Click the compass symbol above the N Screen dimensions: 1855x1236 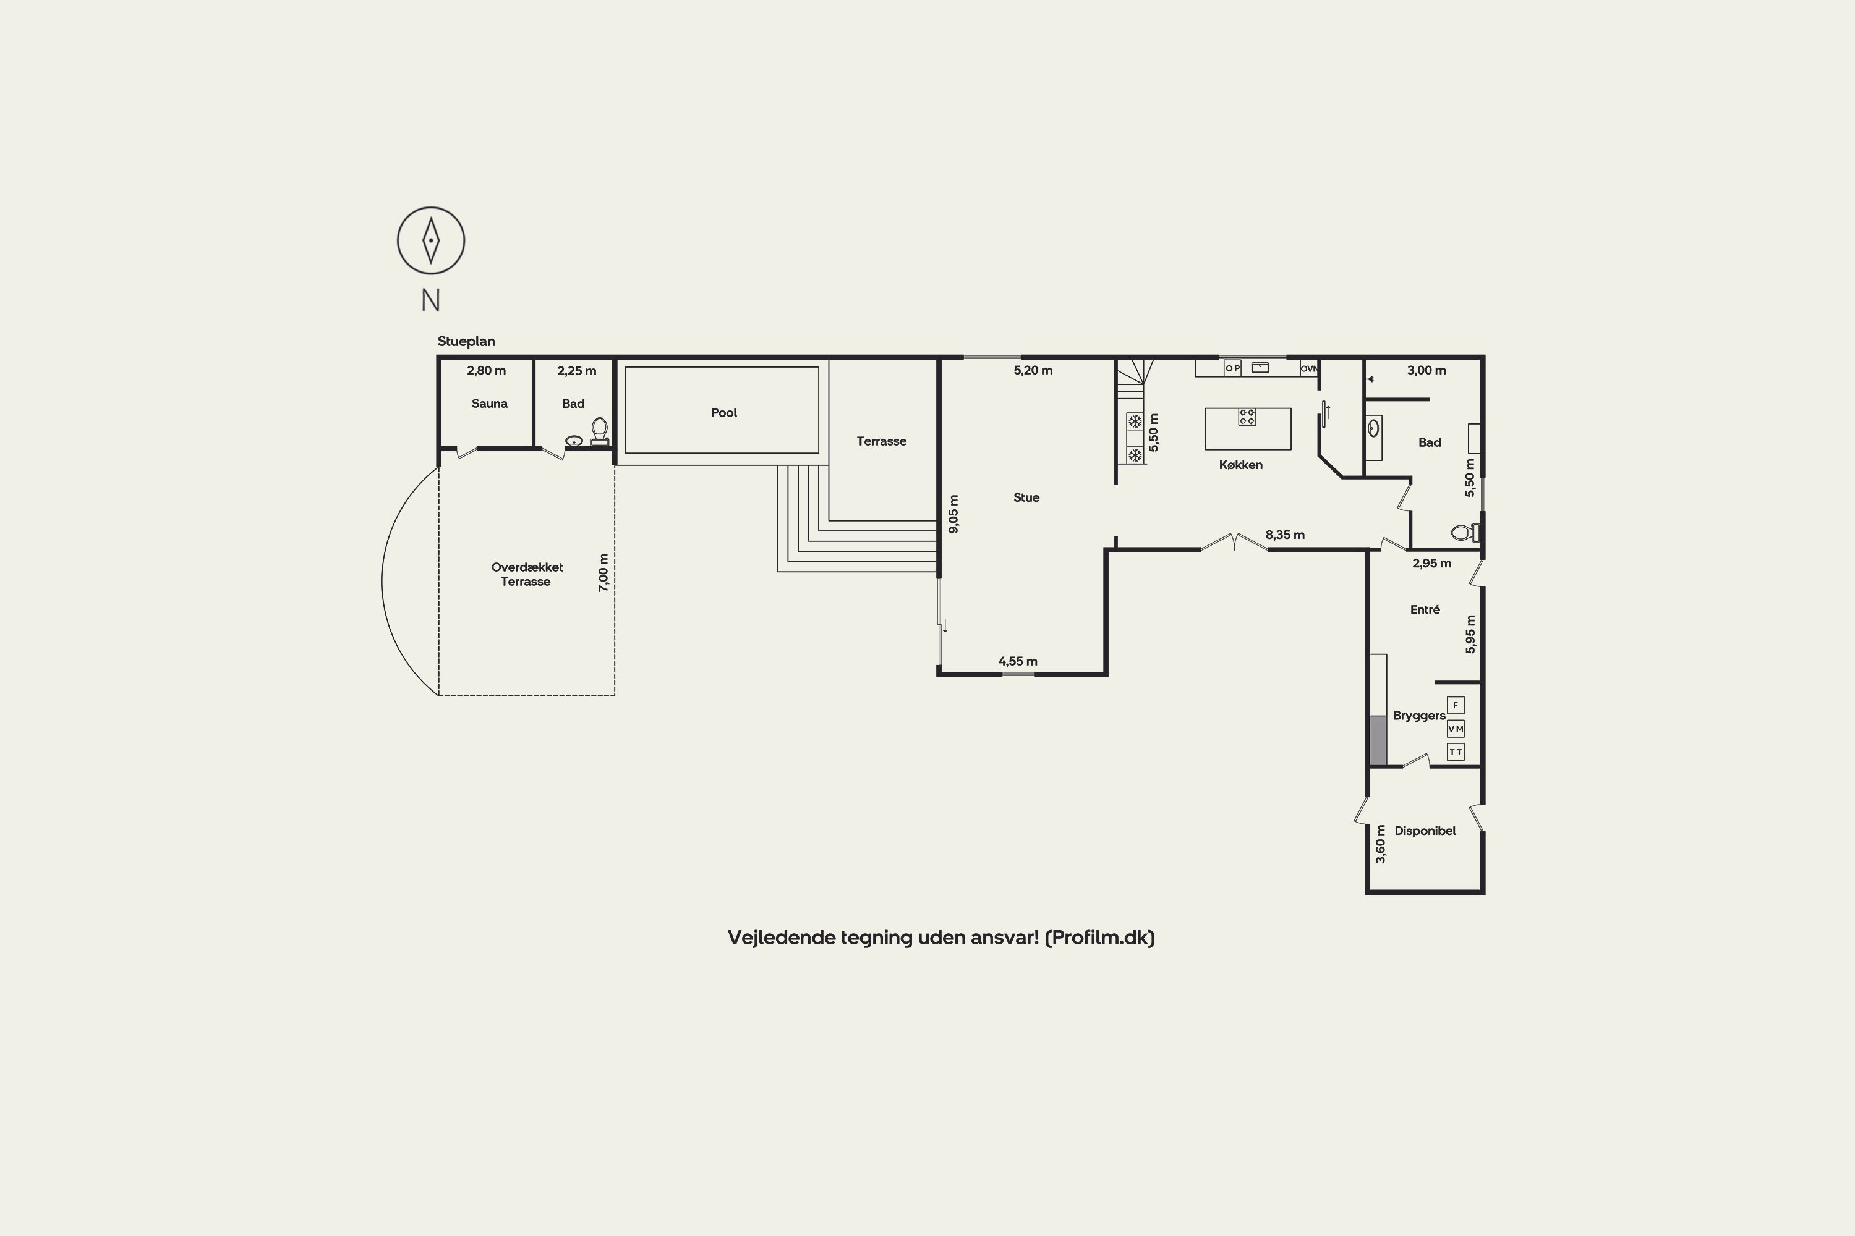[430, 240]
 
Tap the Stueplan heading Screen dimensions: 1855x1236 [466, 341]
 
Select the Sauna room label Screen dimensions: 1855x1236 [489, 404]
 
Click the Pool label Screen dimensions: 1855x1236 [723, 412]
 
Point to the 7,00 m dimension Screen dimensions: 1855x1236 [603, 573]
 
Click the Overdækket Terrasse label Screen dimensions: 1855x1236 [527, 574]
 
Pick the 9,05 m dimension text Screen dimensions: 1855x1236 [953, 514]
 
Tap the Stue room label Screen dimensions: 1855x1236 [1026, 497]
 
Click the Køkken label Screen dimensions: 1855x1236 [1240, 465]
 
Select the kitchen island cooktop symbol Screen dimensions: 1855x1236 [1247, 416]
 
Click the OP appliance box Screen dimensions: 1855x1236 [1233, 368]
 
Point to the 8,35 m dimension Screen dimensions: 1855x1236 [1285, 535]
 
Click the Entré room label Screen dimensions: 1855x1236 [1425, 609]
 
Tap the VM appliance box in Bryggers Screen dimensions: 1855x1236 [1455, 729]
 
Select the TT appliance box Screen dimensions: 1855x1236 [1455, 752]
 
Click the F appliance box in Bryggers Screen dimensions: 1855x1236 [1455, 705]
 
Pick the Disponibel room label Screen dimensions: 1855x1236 [1425, 831]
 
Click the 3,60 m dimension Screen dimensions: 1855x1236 [1380, 844]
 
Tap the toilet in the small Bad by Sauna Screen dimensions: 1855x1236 [599, 431]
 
